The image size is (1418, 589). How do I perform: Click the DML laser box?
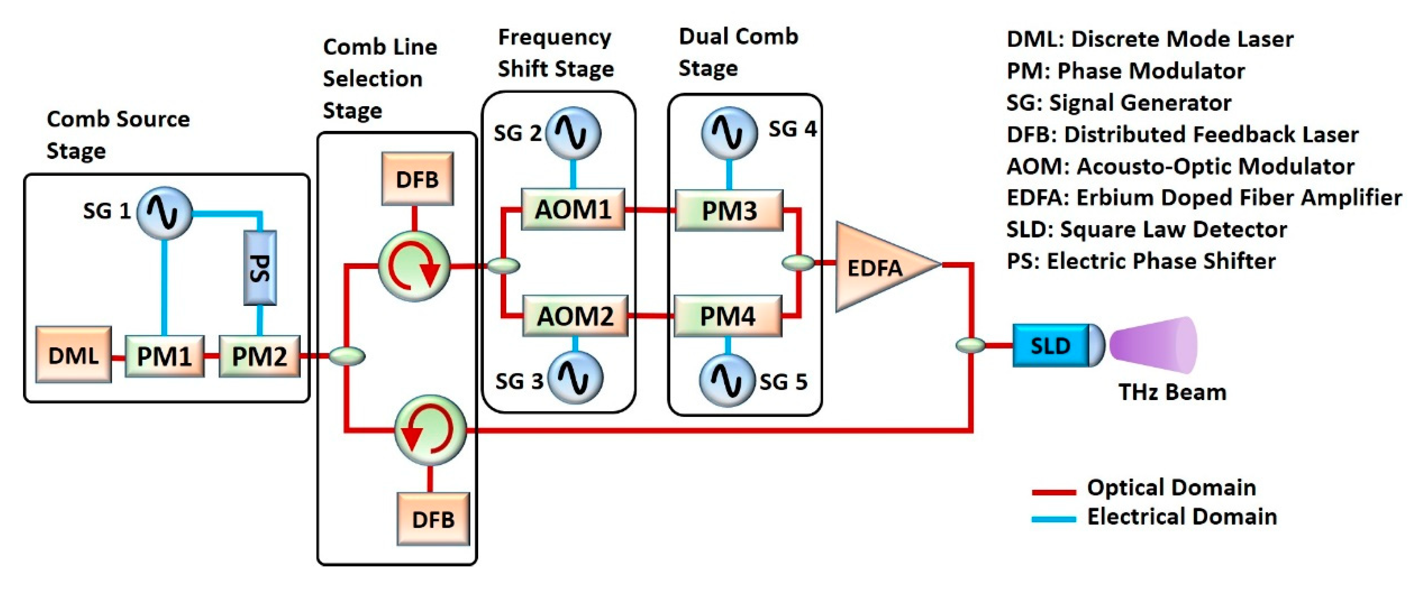(x=73, y=355)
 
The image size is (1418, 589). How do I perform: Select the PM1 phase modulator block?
(x=164, y=356)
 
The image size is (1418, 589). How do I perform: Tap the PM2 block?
(x=259, y=356)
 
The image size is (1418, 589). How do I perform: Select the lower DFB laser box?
(x=433, y=519)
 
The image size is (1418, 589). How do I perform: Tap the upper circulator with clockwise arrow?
(x=414, y=266)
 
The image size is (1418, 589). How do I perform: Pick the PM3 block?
(x=729, y=210)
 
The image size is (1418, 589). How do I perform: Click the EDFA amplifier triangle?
(x=878, y=268)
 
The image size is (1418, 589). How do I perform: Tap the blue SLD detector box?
(x=1050, y=346)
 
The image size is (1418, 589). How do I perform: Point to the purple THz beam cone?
(x=1153, y=345)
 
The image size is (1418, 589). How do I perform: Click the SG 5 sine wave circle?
(x=727, y=380)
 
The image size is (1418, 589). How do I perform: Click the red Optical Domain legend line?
(x=1053, y=491)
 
